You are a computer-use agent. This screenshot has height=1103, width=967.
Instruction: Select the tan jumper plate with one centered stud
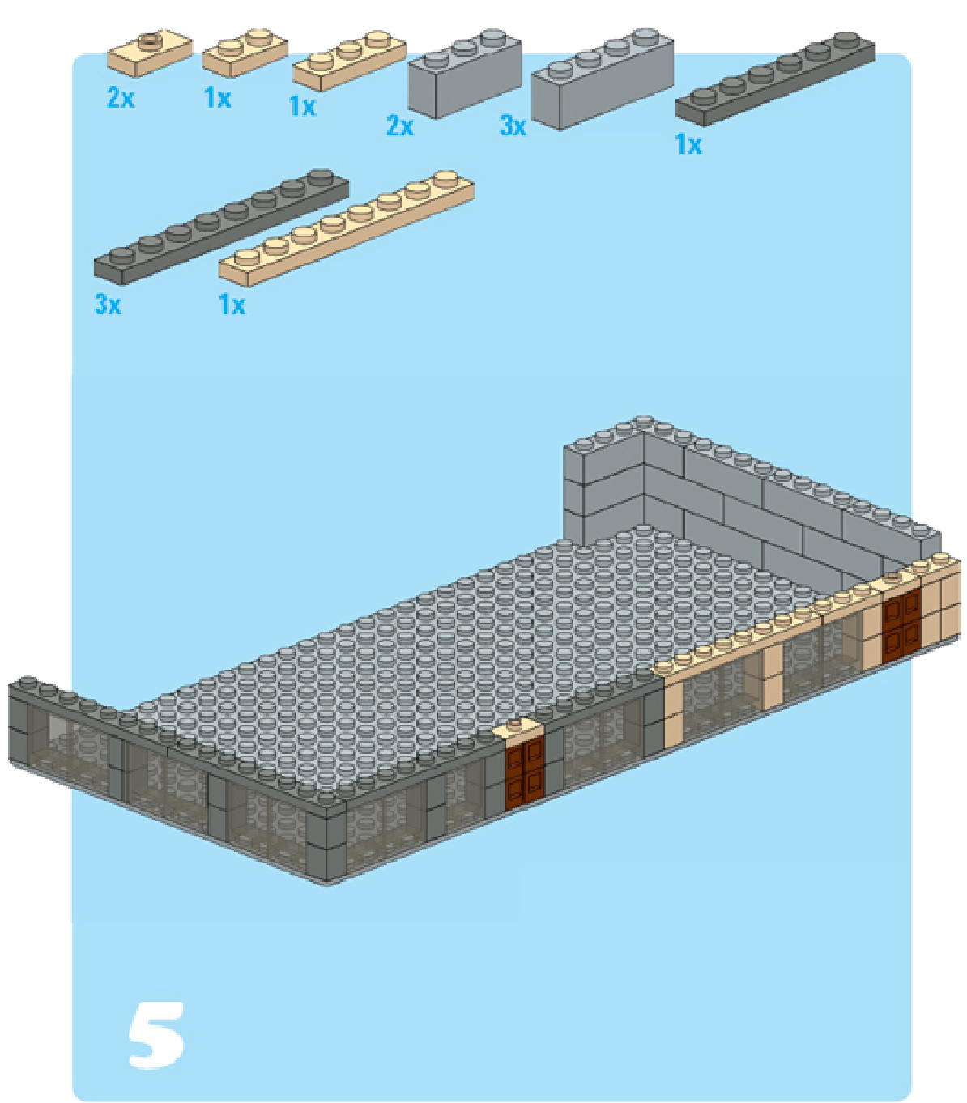point(150,53)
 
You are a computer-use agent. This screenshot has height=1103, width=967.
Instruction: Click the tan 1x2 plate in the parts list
point(245,52)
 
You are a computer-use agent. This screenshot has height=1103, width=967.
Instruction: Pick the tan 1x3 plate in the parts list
point(349,61)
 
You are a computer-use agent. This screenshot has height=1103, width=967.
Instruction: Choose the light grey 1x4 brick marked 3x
point(603,78)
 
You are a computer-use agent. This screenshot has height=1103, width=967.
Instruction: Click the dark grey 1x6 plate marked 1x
point(775,79)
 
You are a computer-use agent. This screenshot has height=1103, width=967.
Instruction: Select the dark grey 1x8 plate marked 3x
point(221,227)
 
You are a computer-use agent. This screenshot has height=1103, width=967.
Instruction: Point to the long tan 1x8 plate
point(347,228)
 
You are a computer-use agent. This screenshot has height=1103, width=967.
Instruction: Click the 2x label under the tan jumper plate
point(121,98)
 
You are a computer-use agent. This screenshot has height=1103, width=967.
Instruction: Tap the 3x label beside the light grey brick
point(513,126)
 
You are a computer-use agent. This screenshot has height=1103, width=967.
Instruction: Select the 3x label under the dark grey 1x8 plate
point(108,304)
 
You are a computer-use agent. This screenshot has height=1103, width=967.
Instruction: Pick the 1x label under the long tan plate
point(232,304)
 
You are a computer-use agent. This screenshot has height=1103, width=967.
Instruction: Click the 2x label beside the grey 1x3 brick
point(400,126)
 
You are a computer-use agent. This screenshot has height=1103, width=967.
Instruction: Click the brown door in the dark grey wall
point(524,774)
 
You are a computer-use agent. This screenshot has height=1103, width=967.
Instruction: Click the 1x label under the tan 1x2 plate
point(217,98)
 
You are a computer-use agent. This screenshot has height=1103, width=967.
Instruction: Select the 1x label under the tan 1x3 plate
point(302,106)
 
